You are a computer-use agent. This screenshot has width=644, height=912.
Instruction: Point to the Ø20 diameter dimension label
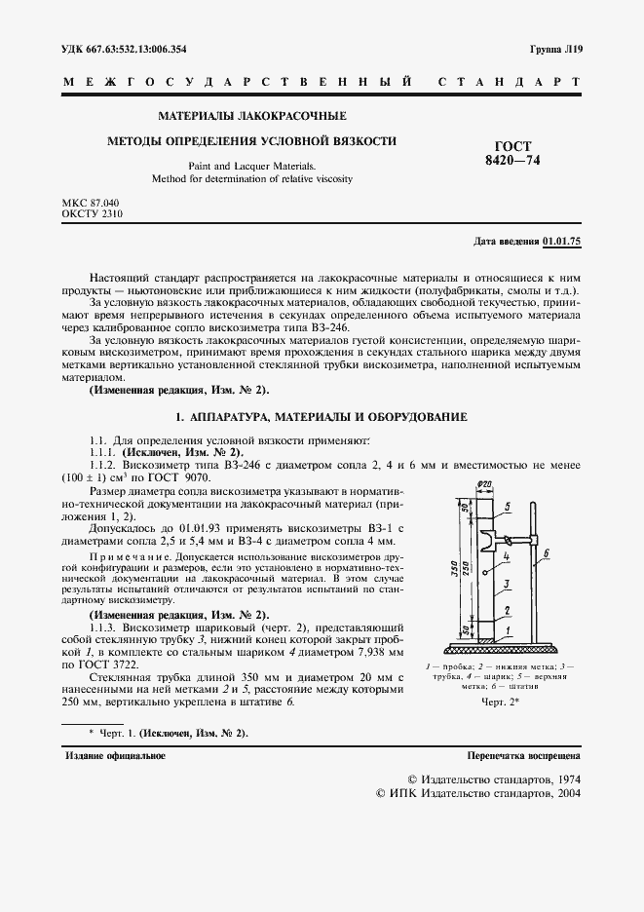tap(484, 486)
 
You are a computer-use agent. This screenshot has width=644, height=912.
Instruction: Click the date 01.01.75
tap(561, 241)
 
